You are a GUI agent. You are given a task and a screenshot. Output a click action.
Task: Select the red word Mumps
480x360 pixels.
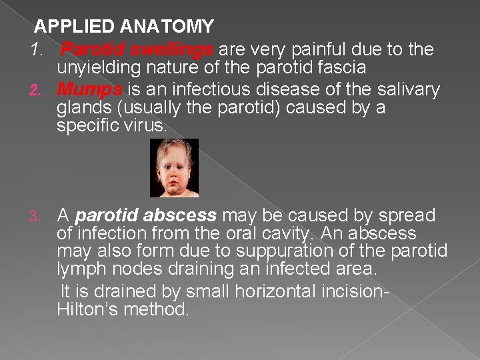coord(89,89)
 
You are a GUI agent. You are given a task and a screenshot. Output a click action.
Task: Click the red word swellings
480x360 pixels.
coord(172,49)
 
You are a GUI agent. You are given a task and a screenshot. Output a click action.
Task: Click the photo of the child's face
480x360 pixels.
coord(174,168)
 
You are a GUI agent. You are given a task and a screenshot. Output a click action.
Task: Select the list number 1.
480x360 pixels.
coord(36,50)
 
